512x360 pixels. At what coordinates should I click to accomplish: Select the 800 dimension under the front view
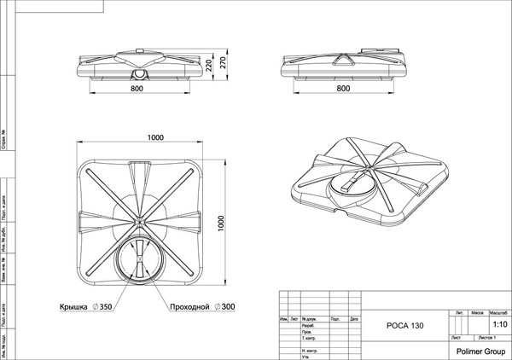(x=138, y=88)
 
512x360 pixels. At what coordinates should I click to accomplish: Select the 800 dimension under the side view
(x=344, y=88)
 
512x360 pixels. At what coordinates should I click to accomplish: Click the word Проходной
(x=189, y=305)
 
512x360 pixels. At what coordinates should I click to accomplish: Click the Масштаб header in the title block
(x=497, y=313)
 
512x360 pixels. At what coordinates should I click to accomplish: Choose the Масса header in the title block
(x=478, y=313)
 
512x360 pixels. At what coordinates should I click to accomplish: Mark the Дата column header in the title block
(x=350, y=319)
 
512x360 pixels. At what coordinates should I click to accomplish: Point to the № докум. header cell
(x=310, y=319)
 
